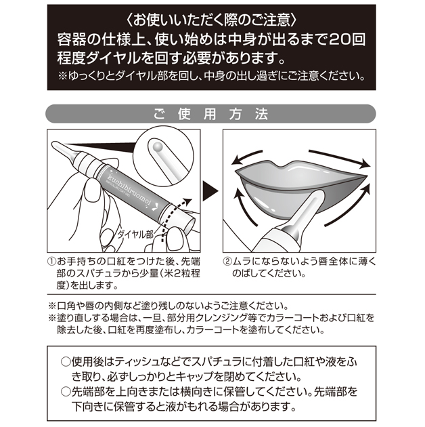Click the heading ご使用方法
(210, 114)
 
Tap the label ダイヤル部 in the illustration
(135, 235)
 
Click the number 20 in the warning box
(338, 41)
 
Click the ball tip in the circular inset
(158, 146)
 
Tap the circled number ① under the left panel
(51, 262)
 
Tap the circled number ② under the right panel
(227, 262)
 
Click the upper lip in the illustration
(299, 172)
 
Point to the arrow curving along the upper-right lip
(340, 157)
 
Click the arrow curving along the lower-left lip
(243, 206)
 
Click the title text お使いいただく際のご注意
(211, 21)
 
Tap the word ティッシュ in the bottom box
(136, 363)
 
